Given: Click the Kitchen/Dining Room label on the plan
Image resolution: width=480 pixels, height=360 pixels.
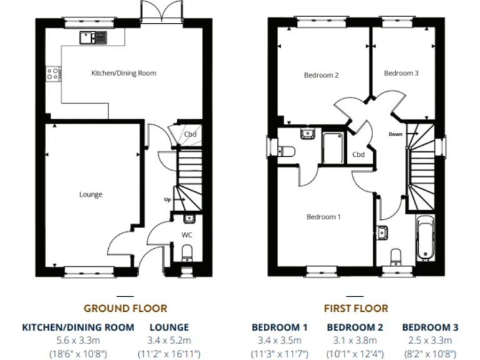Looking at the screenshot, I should pyautogui.click(x=124, y=73).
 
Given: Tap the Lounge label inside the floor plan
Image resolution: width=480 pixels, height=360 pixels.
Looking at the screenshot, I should pyautogui.click(x=91, y=194).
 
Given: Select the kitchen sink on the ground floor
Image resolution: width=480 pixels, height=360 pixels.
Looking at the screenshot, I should pyautogui.click(x=93, y=37).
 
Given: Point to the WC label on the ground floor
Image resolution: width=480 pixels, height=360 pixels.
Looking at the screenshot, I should pyautogui.click(x=186, y=235).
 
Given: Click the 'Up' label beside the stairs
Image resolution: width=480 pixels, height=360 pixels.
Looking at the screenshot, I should pyautogui.click(x=167, y=199).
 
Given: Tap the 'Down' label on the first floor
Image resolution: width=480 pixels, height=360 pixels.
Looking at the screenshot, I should pyautogui.click(x=395, y=134).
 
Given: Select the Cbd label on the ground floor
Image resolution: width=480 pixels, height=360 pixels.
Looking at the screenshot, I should pyautogui.click(x=190, y=134).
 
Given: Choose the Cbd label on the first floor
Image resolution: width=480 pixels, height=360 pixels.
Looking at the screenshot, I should pyautogui.click(x=358, y=154).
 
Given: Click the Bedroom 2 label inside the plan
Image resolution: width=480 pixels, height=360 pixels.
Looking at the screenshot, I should pyautogui.click(x=321, y=75).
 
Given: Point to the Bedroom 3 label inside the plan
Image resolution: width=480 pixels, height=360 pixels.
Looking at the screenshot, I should pyautogui.click(x=401, y=73).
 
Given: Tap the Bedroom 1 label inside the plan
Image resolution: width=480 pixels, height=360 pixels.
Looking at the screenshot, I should pyautogui.click(x=323, y=217).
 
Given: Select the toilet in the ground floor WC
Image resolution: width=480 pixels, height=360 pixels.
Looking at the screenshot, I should pyautogui.click(x=186, y=253).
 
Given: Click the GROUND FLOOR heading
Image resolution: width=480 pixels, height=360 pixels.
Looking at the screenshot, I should pyautogui.click(x=125, y=308).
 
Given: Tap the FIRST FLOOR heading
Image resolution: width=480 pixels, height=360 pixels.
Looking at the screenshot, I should pyautogui.click(x=356, y=308).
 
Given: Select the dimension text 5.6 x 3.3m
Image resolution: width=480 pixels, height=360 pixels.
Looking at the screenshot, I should pyautogui.click(x=78, y=340).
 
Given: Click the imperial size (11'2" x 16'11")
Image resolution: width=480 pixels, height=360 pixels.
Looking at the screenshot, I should pyautogui.click(x=169, y=353).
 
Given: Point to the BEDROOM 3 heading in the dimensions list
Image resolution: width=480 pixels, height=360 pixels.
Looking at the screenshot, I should pyautogui.click(x=430, y=327).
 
